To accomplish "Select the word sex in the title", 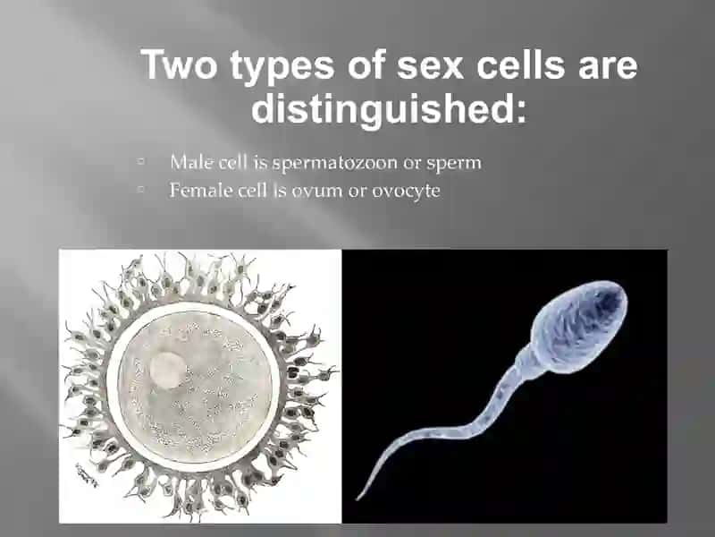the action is (x=430, y=66).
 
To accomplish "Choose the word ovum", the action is (x=316, y=192).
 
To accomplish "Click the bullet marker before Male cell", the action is (x=141, y=161).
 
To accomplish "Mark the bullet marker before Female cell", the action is (x=141, y=188).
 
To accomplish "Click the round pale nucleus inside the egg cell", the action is (x=168, y=371).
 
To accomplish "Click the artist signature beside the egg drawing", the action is (x=87, y=476).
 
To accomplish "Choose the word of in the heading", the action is (x=366, y=64).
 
